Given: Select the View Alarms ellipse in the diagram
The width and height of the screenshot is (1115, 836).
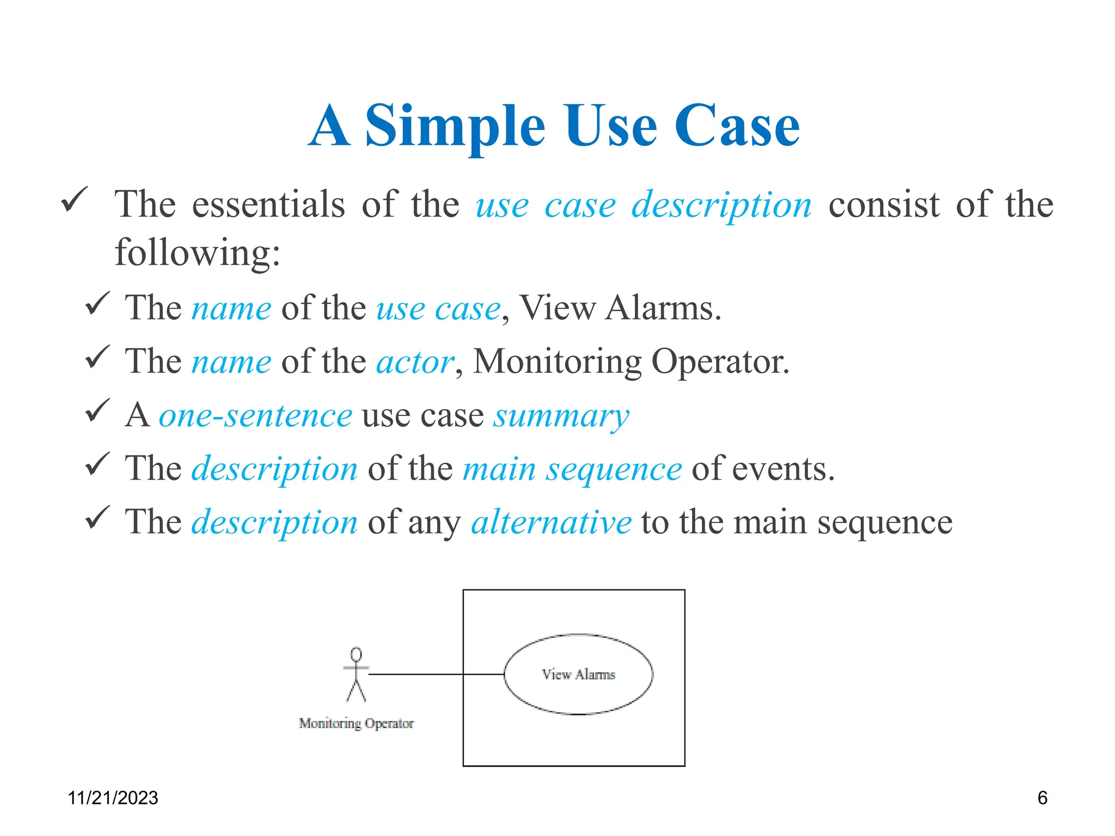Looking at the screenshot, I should point(578,674).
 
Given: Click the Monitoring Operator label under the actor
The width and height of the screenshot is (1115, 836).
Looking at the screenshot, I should point(356,723).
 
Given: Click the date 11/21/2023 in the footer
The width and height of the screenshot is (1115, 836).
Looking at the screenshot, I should point(113,798).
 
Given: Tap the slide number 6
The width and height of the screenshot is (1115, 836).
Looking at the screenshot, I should point(1042,798).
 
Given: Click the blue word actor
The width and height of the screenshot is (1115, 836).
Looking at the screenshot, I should point(415,362).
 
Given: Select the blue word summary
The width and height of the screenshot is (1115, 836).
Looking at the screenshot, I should point(561,416).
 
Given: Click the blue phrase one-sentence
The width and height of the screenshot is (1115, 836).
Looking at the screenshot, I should point(255,416).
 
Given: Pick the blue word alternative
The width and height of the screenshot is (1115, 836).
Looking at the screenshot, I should point(551,522).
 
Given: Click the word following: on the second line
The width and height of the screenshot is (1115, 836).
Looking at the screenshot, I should point(197,253).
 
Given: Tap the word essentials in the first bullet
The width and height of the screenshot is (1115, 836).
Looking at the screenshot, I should point(268,205).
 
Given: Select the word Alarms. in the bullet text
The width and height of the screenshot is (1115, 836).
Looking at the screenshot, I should point(663,309).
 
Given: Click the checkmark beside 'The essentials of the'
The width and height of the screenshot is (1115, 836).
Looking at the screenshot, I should point(74,200).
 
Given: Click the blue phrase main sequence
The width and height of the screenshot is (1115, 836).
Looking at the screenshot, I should point(572,469).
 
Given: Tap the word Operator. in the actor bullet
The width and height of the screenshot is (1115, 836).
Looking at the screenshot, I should point(720,362).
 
